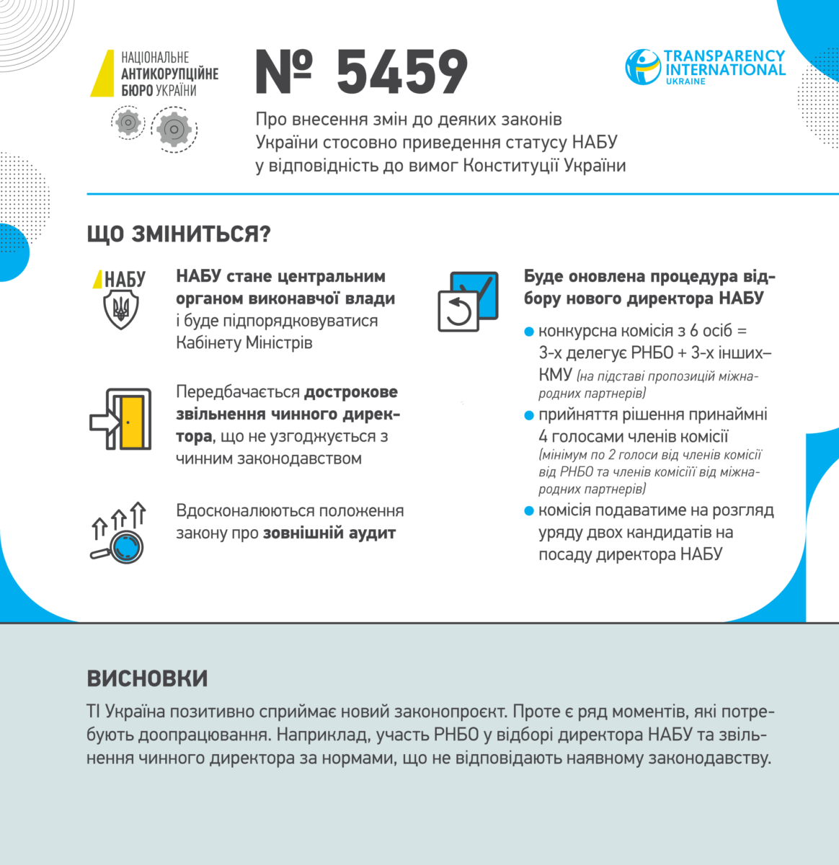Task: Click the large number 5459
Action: (402, 72)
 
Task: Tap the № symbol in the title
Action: (284, 72)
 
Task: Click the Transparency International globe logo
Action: (642, 66)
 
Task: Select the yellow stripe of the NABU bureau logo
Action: (102, 73)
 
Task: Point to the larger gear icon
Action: (174, 129)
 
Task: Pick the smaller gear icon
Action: (128, 122)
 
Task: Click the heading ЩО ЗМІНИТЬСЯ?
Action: (178, 234)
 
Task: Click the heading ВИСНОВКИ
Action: (147, 678)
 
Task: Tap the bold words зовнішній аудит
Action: (329, 533)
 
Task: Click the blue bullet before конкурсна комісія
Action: (529, 332)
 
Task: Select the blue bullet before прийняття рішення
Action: (529, 415)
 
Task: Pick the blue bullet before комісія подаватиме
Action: (529, 511)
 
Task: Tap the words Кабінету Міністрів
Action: (244, 342)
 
